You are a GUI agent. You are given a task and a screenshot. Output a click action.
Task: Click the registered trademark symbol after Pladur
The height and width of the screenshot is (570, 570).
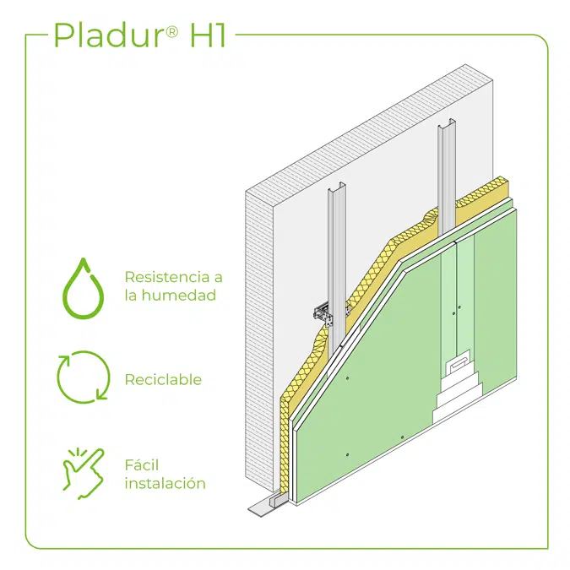tap(172, 32)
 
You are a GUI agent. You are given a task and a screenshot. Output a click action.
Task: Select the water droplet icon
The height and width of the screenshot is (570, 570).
tap(84, 289)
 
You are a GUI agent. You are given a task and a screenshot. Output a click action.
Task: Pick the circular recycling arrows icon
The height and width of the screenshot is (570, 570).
tap(84, 377)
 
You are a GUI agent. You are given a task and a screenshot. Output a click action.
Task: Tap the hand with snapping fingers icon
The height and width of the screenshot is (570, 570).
tap(84, 473)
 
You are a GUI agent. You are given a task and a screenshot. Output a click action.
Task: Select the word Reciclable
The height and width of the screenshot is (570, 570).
tap(163, 379)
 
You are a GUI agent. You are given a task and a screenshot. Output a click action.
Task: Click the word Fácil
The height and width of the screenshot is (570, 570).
tap(142, 465)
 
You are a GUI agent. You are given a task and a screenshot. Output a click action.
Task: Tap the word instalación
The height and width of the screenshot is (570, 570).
tap(165, 484)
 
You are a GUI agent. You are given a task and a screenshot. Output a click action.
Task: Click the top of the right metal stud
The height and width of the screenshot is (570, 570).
tap(447, 123)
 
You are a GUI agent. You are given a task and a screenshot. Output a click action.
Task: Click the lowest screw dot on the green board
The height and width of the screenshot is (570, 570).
tap(348, 455)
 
